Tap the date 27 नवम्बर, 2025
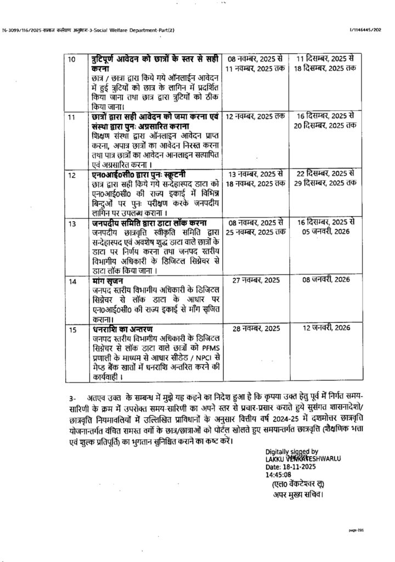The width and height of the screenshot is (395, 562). tap(255, 280)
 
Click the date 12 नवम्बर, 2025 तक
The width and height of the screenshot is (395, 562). tap(255, 116)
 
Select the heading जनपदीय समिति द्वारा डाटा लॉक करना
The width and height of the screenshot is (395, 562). tap(149, 223)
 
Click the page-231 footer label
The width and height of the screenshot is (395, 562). tap(357, 531)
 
